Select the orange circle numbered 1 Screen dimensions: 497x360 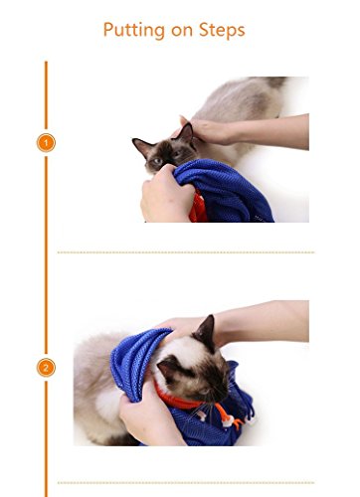click(x=46, y=143)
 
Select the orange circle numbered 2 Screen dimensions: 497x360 click(x=46, y=367)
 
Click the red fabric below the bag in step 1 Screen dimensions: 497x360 click(x=197, y=208)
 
